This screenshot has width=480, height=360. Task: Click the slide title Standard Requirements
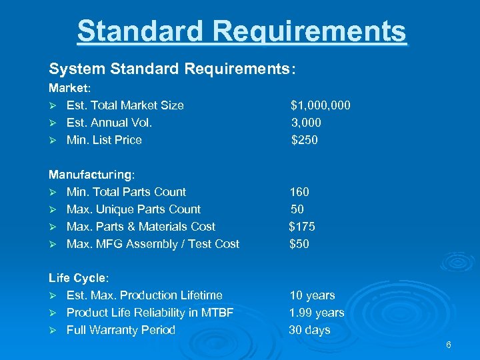tap(241, 31)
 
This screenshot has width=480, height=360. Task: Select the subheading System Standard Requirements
tap(171, 69)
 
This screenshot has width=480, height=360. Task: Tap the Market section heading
tap(69, 88)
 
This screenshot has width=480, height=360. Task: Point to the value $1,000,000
tap(321, 105)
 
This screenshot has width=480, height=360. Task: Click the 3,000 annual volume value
tap(306, 123)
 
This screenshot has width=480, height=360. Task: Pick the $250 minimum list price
tap(305, 140)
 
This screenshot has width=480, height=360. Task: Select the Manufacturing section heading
tap(91, 175)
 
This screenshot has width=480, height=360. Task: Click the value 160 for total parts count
tap(299, 192)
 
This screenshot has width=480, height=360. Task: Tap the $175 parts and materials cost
tap(302, 227)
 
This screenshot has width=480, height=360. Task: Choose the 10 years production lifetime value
tap(312, 295)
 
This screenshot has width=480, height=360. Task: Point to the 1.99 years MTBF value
tap(317, 313)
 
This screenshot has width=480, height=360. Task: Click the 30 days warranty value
tap(309, 330)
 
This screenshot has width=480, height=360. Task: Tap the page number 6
tap(449, 345)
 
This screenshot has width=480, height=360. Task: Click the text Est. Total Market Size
tap(125, 105)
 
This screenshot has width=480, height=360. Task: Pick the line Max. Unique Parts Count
tap(133, 209)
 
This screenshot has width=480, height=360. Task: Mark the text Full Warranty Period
tap(121, 330)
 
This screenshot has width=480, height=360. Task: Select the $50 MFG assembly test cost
tap(299, 244)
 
